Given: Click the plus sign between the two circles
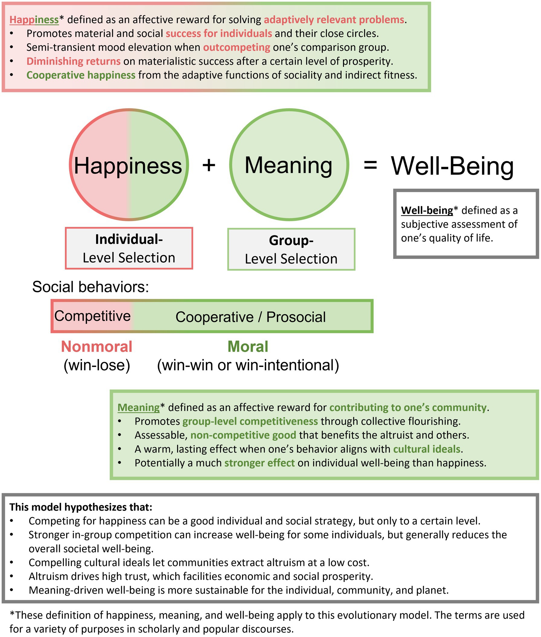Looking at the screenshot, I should point(209,165).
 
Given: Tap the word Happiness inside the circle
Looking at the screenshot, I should point(128,166).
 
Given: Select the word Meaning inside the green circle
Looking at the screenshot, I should point(288,165).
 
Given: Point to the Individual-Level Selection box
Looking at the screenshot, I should point(129,248).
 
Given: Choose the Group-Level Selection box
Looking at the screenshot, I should point(291,249).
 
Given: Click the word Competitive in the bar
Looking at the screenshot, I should point(92,316).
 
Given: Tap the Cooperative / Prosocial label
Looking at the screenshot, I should point(250,317).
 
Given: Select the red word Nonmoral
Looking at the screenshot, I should point(97,347).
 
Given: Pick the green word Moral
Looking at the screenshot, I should point(248,347).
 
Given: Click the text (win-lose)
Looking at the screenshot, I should point(97,365).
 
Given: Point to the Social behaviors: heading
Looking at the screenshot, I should point(90,287).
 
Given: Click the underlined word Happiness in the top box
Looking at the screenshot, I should point(34,20).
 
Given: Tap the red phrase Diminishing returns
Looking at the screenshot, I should point(73,61).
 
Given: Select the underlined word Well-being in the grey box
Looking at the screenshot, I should point(427,210).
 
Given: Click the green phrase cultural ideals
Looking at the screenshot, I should point(427,449).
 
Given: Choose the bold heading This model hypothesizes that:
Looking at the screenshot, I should point(81,507).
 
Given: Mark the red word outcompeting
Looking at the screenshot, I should point(236,47).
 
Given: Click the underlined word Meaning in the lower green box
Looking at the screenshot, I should point(139,407).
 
